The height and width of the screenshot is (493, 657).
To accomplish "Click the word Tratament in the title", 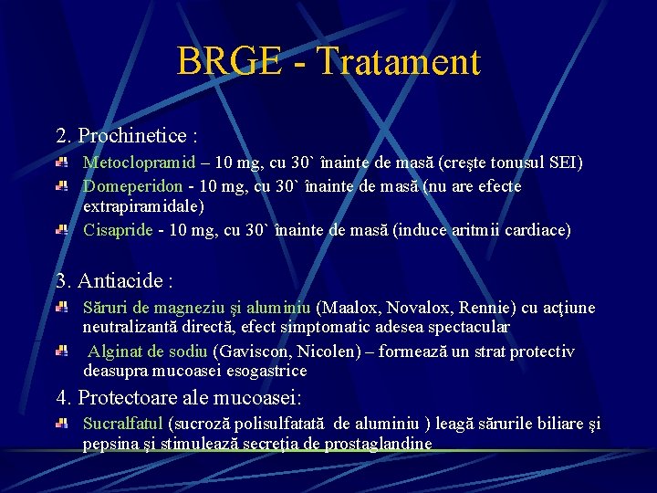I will [x=399, y=62].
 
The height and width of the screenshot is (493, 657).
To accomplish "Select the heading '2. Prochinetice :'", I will [x=127, y=136].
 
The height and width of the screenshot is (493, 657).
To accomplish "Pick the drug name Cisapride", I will [x=118, y=230].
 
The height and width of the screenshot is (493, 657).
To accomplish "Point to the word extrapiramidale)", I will [x=143, y=207].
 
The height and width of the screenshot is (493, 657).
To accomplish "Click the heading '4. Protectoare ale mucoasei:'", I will [x=178, y=398].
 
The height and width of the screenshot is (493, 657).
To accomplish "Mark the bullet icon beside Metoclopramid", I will [x=61, y=163].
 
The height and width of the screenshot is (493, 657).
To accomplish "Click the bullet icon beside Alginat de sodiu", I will [x=61, y=351].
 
